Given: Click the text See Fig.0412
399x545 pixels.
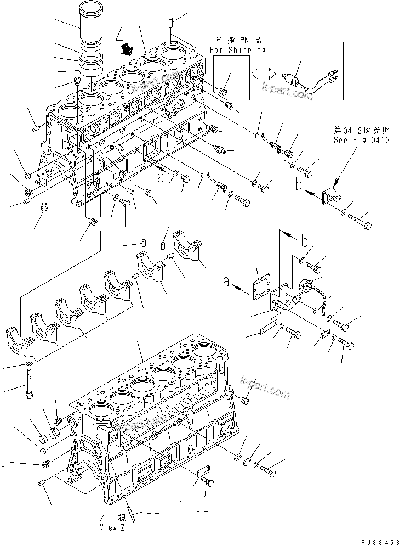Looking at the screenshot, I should point(362,139).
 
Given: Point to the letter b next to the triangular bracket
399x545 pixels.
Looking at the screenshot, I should point(298,186).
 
